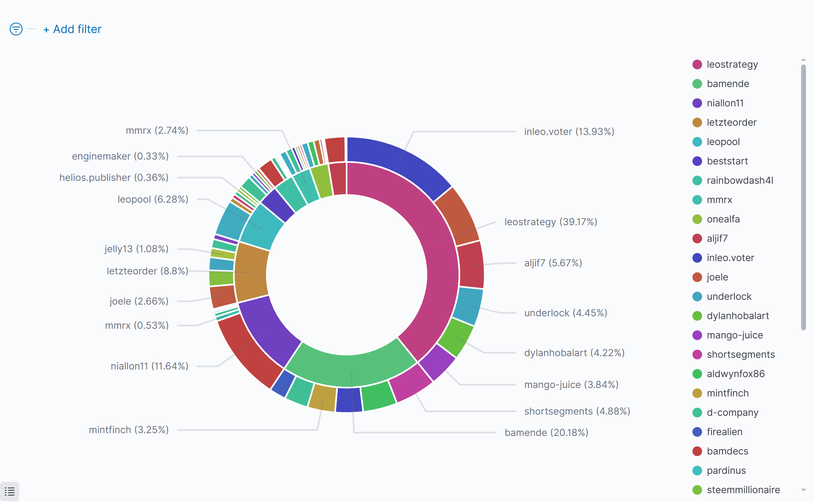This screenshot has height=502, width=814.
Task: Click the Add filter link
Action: [72, 29]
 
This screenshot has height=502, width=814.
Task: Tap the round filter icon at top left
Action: [16, 29]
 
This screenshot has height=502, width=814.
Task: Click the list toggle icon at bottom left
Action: [10, 492]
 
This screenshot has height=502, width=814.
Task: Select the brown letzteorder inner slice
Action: [252, 272]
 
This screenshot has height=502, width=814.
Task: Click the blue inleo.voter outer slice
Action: [399, 161]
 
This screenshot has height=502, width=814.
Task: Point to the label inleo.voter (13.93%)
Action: [569, 132]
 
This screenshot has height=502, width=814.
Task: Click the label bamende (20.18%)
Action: [546, 433]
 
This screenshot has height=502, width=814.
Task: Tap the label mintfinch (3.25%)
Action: [128, 430]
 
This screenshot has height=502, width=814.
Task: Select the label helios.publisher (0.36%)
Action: [114, 178]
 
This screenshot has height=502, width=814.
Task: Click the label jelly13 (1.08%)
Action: [136, 249]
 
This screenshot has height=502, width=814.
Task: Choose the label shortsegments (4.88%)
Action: [577, 411]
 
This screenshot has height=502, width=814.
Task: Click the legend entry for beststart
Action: [727, 161]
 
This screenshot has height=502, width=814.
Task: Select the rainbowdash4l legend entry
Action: [740, 180]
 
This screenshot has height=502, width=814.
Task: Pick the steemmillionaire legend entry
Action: [743, 490]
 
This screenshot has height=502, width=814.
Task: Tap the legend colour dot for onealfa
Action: [697, 219]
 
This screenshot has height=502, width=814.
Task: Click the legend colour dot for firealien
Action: [697, 432]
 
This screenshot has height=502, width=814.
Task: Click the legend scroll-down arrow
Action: [804, 490]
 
